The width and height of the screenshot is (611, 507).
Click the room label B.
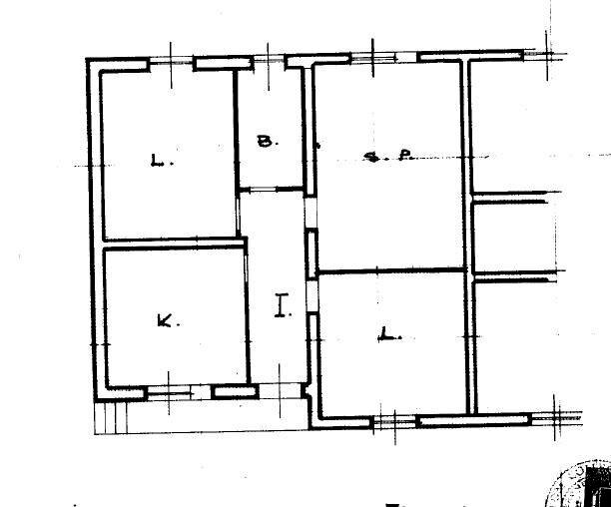click(265, 142)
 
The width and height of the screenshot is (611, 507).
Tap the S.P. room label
click(384, 156)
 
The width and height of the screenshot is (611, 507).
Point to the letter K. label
click(166, 320)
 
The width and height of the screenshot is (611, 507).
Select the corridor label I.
click(283, 305)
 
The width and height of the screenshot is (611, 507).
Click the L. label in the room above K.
click(158, 159)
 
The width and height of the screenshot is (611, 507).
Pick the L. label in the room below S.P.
click(388, 336)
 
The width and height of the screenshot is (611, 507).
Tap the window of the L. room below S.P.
click(393, 422)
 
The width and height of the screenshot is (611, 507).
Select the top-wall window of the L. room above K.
click(171, 64)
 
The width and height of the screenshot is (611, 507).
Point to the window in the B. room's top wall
click(268, 62)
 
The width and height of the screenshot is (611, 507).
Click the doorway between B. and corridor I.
click(270, 190)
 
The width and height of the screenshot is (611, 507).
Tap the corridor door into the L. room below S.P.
click(312, 294)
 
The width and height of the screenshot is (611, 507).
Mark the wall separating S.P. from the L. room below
click(391, 270)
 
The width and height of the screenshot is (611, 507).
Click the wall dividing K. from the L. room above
click(172, 243)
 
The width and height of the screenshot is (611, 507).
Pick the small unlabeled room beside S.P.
click(509, 235)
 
